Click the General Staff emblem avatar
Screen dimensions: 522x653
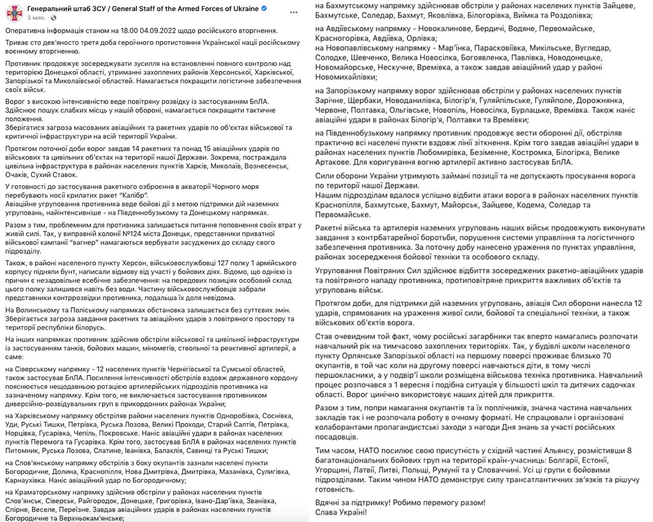click(x=14, y=13)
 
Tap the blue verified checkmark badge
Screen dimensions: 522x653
click(x=264, y=9)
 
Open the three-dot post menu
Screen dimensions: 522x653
click(x=294, y=12)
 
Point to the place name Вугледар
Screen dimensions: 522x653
click(x=592, y=48)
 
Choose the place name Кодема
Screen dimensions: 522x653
click(x=531, y=205)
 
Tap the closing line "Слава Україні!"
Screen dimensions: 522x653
click(x=341, y=512)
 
